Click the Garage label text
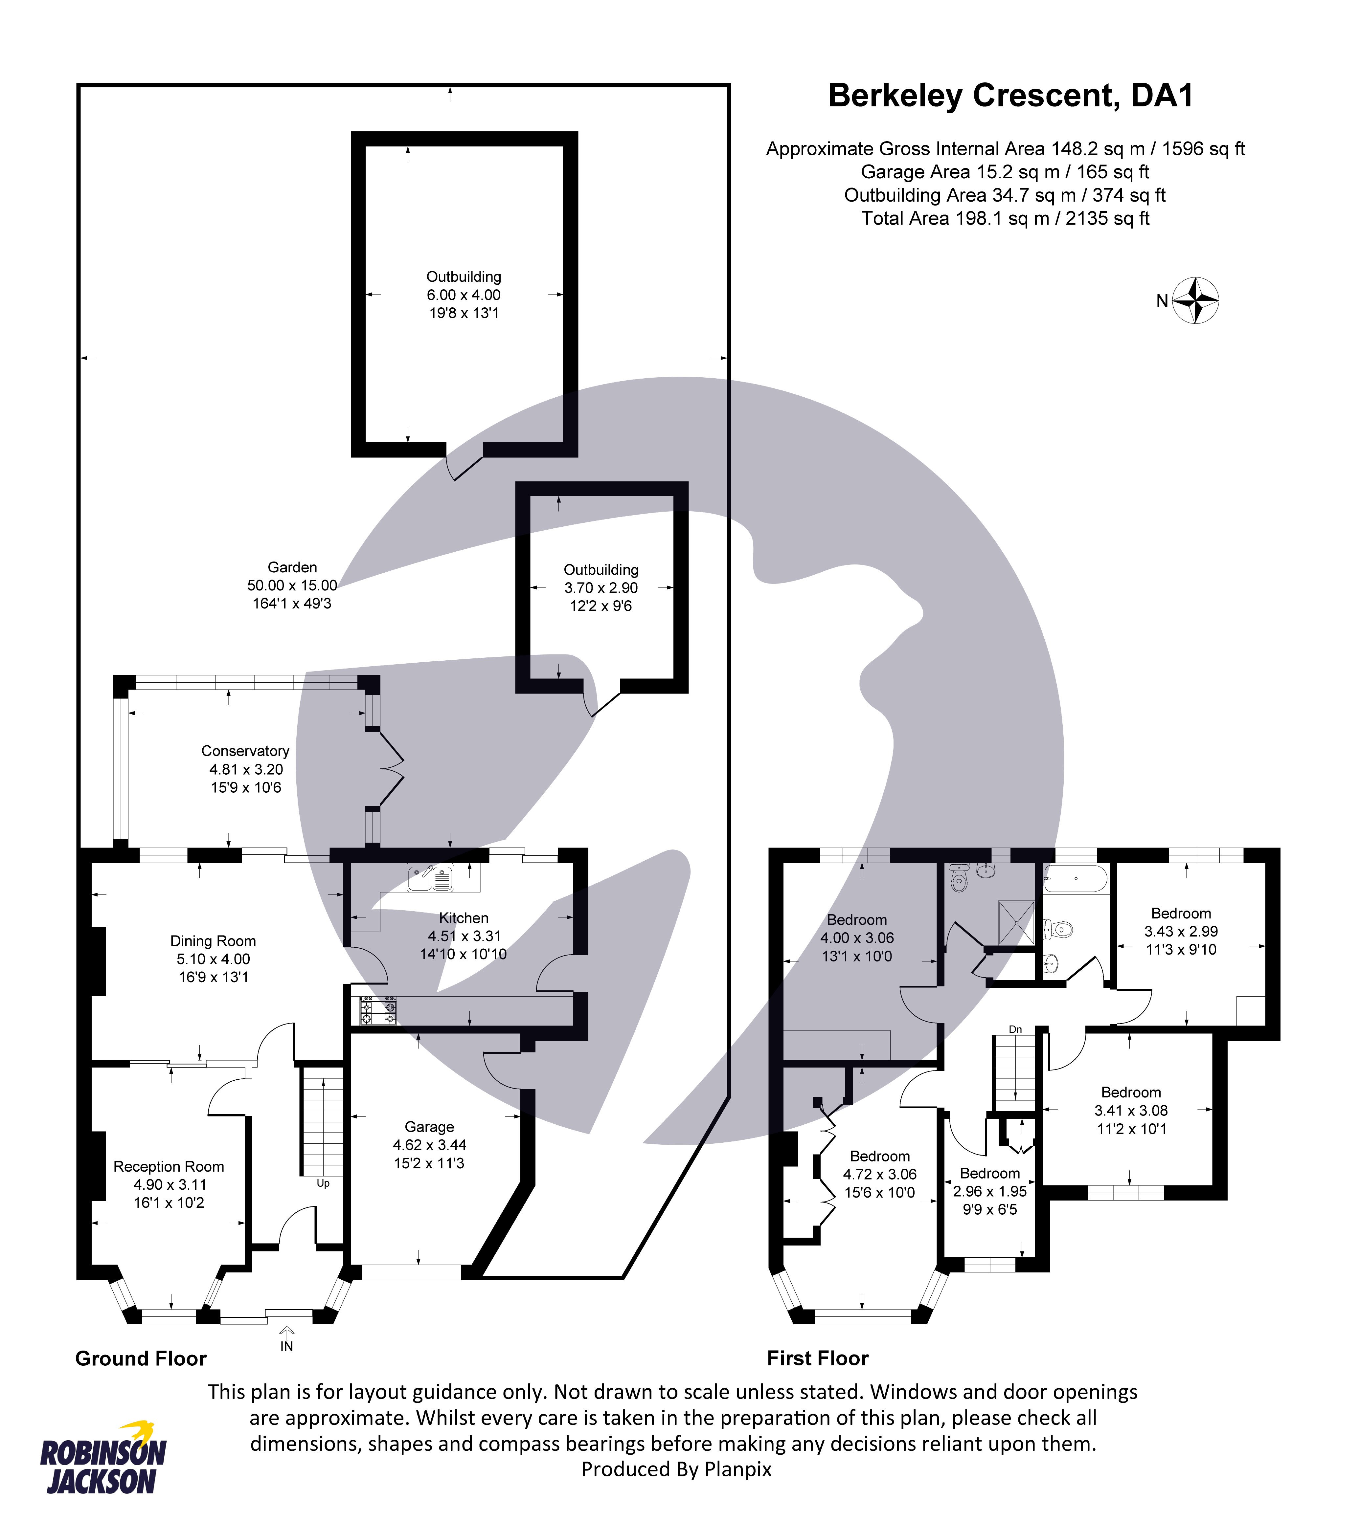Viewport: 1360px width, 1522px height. point(429,1127)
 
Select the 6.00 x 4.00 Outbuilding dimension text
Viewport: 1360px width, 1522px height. point(463,295)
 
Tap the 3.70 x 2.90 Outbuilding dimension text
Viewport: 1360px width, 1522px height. point(601,588)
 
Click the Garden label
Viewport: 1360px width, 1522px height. point(292,567)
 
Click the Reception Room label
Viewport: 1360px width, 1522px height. point(169,1166)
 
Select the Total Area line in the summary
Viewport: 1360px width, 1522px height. point(1005,219)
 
